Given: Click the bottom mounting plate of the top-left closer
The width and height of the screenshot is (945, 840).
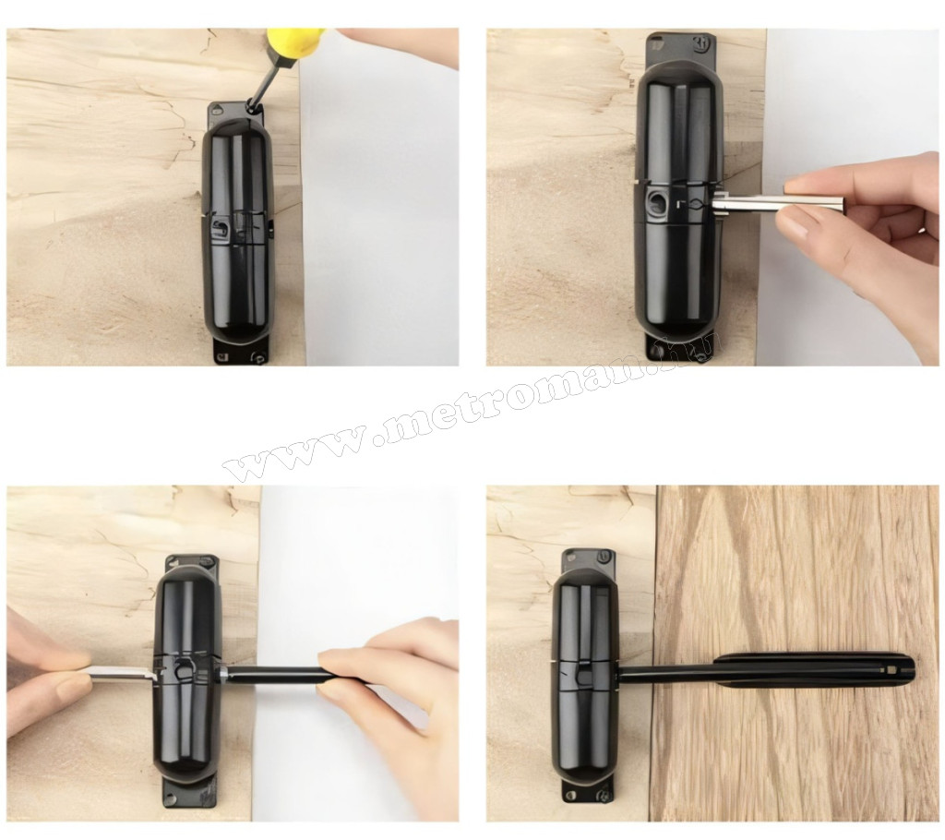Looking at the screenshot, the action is coord(241,353).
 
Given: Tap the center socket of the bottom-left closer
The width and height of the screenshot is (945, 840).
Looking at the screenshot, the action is coord(184,669).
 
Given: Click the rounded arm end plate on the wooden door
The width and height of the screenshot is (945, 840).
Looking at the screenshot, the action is coord(814,670).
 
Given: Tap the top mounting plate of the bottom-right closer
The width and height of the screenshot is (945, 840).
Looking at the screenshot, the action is coord(588,562).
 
